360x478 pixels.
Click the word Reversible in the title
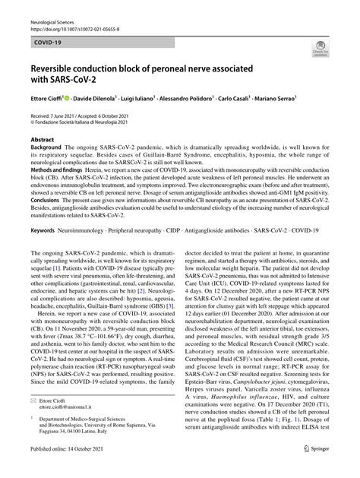click(x=56, y=68)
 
